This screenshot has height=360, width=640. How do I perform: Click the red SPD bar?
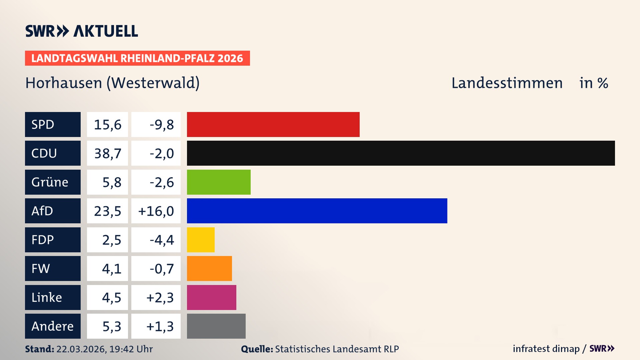tap(273, 124)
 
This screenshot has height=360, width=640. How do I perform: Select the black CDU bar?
tap(401, 153)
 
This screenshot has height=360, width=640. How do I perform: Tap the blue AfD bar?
tap(317, 211)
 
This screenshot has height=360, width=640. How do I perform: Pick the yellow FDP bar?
tap(201, 240)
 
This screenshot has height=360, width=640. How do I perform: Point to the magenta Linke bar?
tap(211, 297)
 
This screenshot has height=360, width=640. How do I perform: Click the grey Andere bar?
tap(216, 326)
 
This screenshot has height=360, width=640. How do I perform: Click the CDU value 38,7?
tap(107, 153)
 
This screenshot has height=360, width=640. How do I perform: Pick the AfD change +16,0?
tap(156, 211)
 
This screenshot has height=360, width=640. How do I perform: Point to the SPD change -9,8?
tap(161, 125)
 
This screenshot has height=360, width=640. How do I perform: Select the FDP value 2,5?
tap(111, 240)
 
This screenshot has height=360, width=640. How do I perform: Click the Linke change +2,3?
tap(160, 298)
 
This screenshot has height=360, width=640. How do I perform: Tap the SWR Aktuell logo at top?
tap(81, 31)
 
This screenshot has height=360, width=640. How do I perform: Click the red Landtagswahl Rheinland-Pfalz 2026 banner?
tap(137, 58)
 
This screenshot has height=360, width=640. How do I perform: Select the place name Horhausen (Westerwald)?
tap(112, 83)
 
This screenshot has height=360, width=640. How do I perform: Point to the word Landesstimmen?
tap(507, 83)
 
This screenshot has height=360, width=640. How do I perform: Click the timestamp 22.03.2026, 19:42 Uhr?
tap(104, 349)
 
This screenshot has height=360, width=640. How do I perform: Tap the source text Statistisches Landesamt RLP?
tap(337, 349)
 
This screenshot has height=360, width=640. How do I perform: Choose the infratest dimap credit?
tap(546, 349)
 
